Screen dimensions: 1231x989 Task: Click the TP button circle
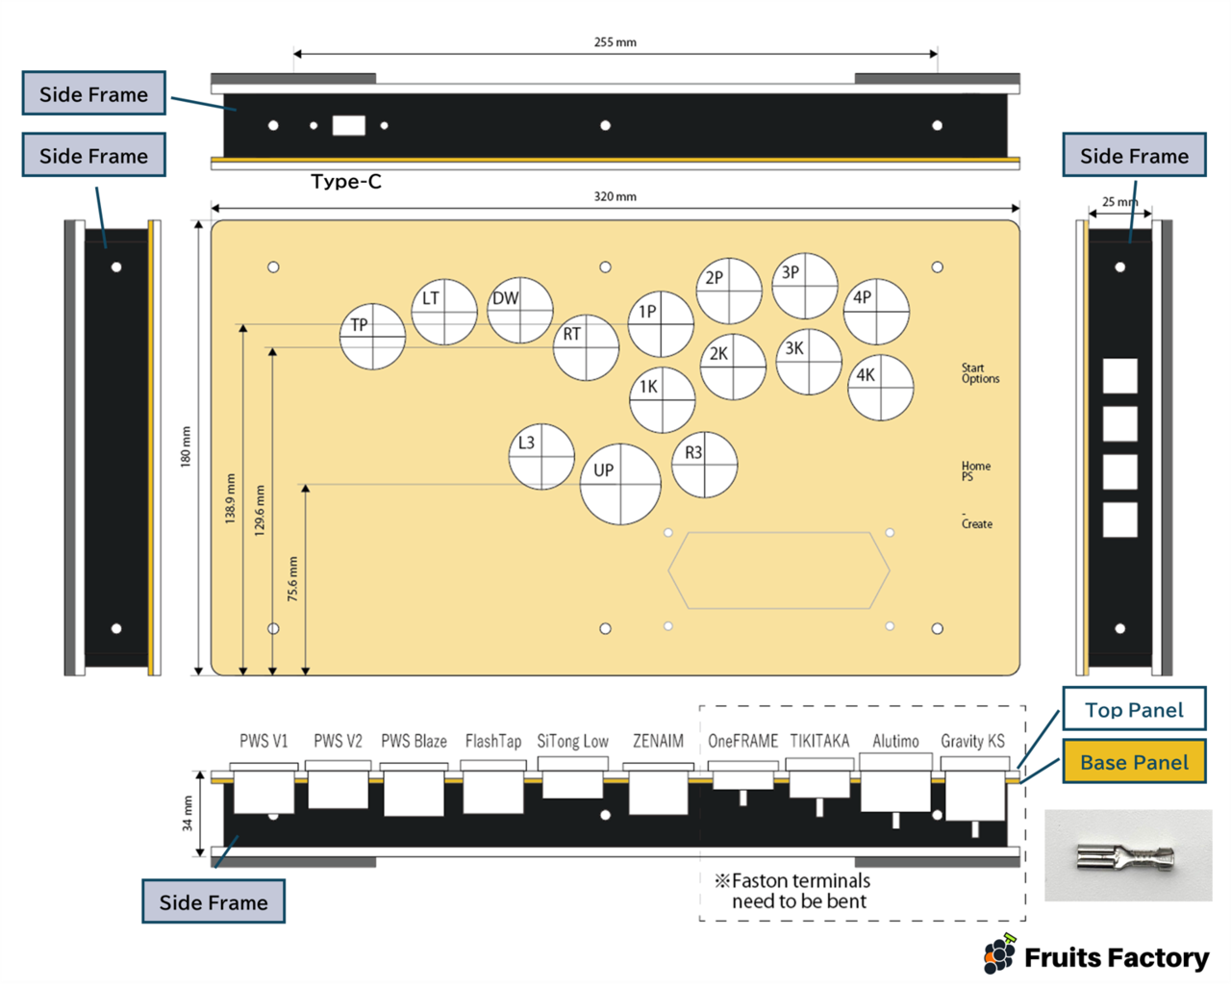[373, 337]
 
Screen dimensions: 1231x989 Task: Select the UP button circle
[620, 484]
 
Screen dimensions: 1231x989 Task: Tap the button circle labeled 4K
[881, 388]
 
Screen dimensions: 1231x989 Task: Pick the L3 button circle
[541, 456]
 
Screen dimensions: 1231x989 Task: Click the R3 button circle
[705, 465]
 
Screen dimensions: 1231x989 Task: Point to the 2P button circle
[729, 291]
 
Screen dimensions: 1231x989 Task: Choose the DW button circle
[520, 311]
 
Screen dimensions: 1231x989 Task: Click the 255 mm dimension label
[615, 42]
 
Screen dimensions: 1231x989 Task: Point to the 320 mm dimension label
[615, 196]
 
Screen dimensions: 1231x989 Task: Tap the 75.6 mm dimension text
[292, 579]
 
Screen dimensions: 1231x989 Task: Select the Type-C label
[346, 182]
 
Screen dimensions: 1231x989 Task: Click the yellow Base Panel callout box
[1134, 762]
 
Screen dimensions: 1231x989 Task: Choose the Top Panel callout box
[1134, 710]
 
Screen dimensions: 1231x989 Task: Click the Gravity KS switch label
[972, 741]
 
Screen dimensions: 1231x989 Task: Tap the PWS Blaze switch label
[414, 741]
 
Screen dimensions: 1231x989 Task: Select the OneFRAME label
[742, 741]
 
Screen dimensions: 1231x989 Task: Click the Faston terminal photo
[1127, 855]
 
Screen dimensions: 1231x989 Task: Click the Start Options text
[980, 373]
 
